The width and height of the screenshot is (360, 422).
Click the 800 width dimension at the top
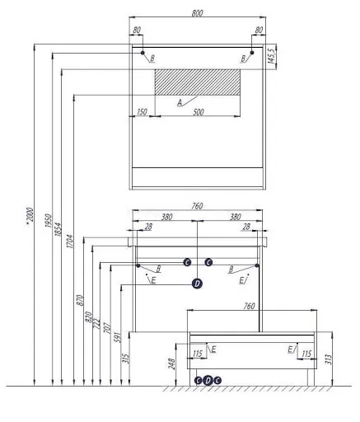tap(197, 13)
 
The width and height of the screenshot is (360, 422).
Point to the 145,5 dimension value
tap(271, 57)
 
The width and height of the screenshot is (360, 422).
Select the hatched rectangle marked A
tap(198, 82)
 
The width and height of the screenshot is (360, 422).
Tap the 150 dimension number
tap(142, 112)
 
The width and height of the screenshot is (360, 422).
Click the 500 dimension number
tap(199, 112)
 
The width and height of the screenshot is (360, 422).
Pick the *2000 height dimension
tap(30, 217)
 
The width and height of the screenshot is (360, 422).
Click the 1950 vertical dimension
tap(48, 220)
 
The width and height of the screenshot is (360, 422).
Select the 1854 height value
tap(58, 229)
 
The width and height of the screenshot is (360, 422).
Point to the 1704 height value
tap(70, 241)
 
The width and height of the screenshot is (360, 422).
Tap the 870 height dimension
tap(80, 300)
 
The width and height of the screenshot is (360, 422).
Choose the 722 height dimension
tap(96, 324)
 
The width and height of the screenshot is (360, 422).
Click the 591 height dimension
tap(117, 337)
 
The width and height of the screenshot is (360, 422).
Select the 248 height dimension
tap(171, 363)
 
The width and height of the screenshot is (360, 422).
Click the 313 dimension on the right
tap(329, 359)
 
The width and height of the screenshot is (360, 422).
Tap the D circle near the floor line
tap(208, 380)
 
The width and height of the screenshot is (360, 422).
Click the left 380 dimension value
tap(166, 217)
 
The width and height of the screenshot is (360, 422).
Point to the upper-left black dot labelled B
tap(143, 53)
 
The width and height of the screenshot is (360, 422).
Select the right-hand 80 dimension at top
tap(259, 30)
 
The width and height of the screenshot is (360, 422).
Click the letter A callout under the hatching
tap(180, 103)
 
